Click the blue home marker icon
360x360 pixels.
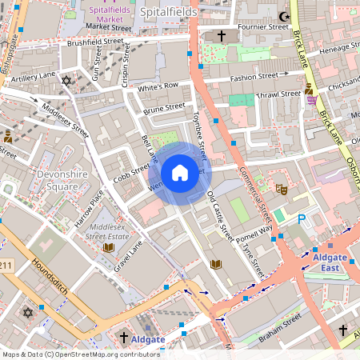(x=179, y=173)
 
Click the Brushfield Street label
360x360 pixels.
(x=95, y=41)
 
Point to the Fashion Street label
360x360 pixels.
(x=253, y=78)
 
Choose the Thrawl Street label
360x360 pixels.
(x=277, y=94)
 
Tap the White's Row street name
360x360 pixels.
(x=157, y=86)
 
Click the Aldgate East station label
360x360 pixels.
(x=330, y=262)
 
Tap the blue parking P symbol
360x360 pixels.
(x=302, y=218)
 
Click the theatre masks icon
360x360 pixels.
(x=281, y=190)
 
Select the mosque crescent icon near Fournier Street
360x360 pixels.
(x=282, y=15)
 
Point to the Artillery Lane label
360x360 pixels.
(x=34, y=75)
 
